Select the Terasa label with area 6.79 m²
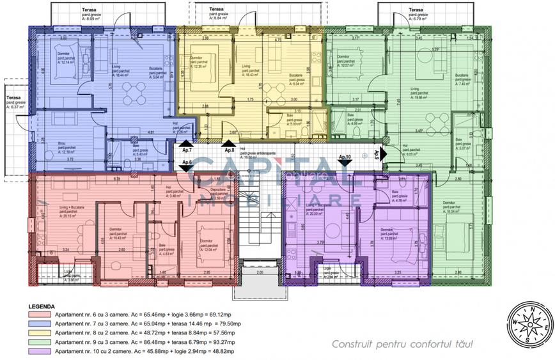pos(416,14)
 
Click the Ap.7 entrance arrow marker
pos(184,145)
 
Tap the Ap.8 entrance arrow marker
pos(229,145)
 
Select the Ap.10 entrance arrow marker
pos(345,162)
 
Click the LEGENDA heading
pos(42,306)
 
